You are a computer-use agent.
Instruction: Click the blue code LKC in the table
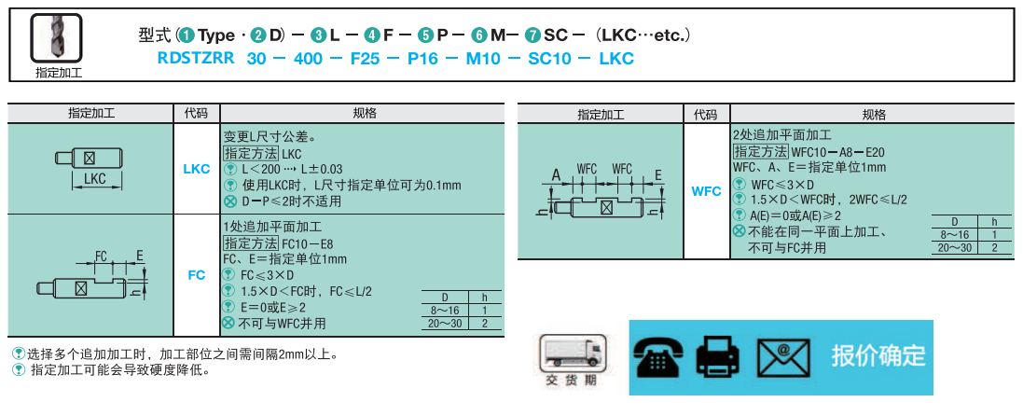tap(197, 169)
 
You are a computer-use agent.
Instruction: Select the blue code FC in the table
tap(197, 275)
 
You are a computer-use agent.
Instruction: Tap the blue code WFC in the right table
tap(707, 191)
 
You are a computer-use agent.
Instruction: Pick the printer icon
tap(718, 357)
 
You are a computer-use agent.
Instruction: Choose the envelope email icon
tap(783, 358)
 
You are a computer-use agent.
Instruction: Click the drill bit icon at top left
tap(56, 38)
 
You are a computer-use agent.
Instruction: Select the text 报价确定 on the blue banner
tap(878, 356)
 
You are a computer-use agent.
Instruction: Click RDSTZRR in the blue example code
tap(196, 59)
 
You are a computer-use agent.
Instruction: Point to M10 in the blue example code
tap(483, 59)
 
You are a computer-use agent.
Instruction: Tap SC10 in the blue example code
tap(549, 59)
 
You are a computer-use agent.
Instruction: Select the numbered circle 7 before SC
tap(533, 35)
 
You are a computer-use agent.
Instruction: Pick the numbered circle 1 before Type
tap(187, 35)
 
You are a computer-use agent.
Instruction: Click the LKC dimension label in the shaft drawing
tap(95, 179)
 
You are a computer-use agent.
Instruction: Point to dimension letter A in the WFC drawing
tap(556, 175)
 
